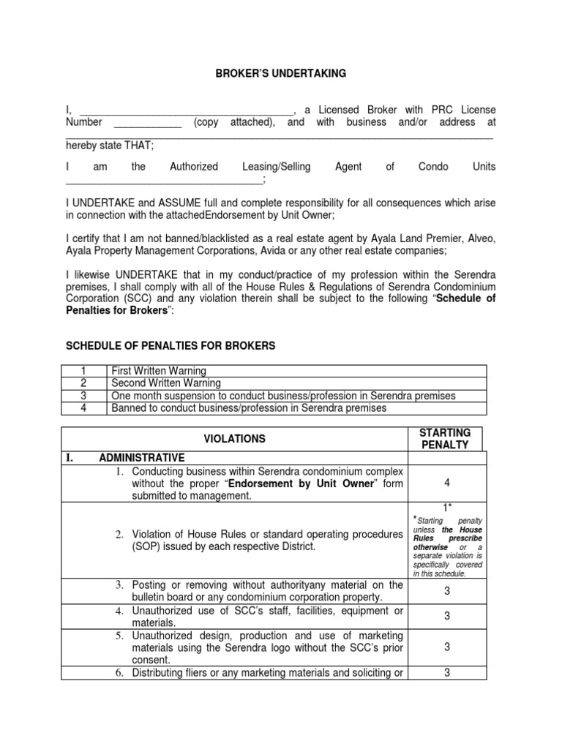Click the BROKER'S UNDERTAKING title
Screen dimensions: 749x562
click(280, 73)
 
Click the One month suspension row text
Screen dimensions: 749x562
click(282, 396)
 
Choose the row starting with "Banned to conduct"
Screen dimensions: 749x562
click(248, 408)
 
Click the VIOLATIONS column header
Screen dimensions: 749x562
click(235, 439)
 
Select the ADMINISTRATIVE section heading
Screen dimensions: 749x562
click(142, 458)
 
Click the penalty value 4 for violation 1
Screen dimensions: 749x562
click(446, 483)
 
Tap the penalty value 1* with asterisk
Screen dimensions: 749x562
click(446, 507)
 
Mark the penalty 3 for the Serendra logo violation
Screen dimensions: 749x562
click(446, 647)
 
